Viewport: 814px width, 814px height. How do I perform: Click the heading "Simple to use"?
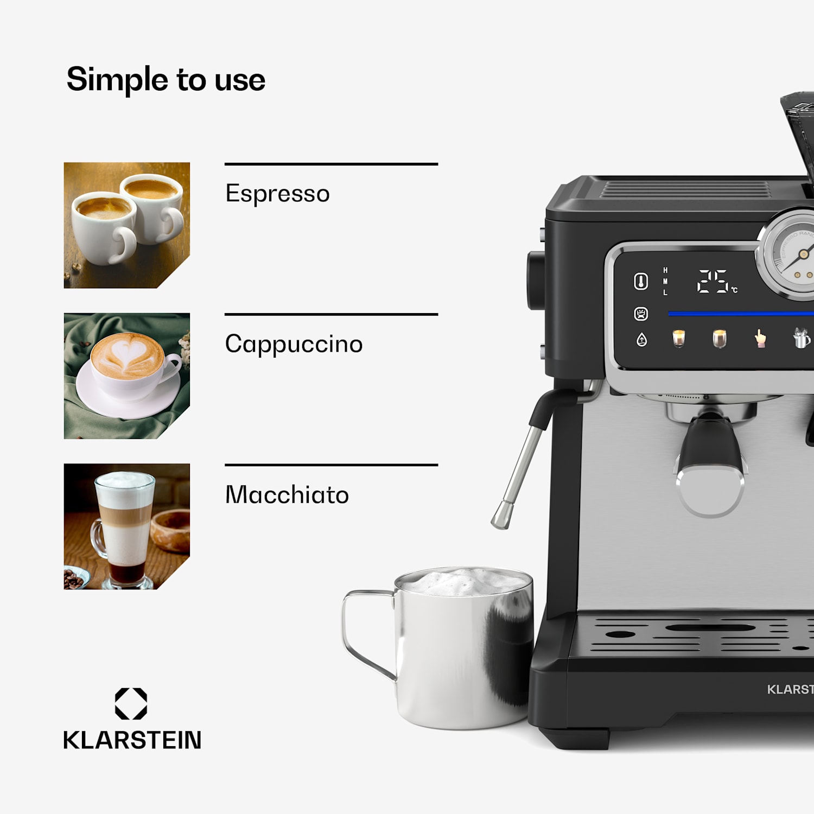point(166,80)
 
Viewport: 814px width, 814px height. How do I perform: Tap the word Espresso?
point(277,194)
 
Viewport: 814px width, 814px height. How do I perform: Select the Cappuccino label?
point(294,344)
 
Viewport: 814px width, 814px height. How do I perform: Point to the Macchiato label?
point(287,495)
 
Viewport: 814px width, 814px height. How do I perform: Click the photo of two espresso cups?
point(126,225)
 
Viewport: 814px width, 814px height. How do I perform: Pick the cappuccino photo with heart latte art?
point(126,376)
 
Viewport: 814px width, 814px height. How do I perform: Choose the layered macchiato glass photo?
point(126,526)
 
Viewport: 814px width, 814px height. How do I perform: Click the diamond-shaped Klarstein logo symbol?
point(131,704)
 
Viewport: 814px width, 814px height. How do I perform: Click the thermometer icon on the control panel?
point(641,282)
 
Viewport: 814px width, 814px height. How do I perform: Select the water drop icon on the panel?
point(641,340)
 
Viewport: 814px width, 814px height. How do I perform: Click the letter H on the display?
point(665,270)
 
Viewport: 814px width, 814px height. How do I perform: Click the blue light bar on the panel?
point(738,314)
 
